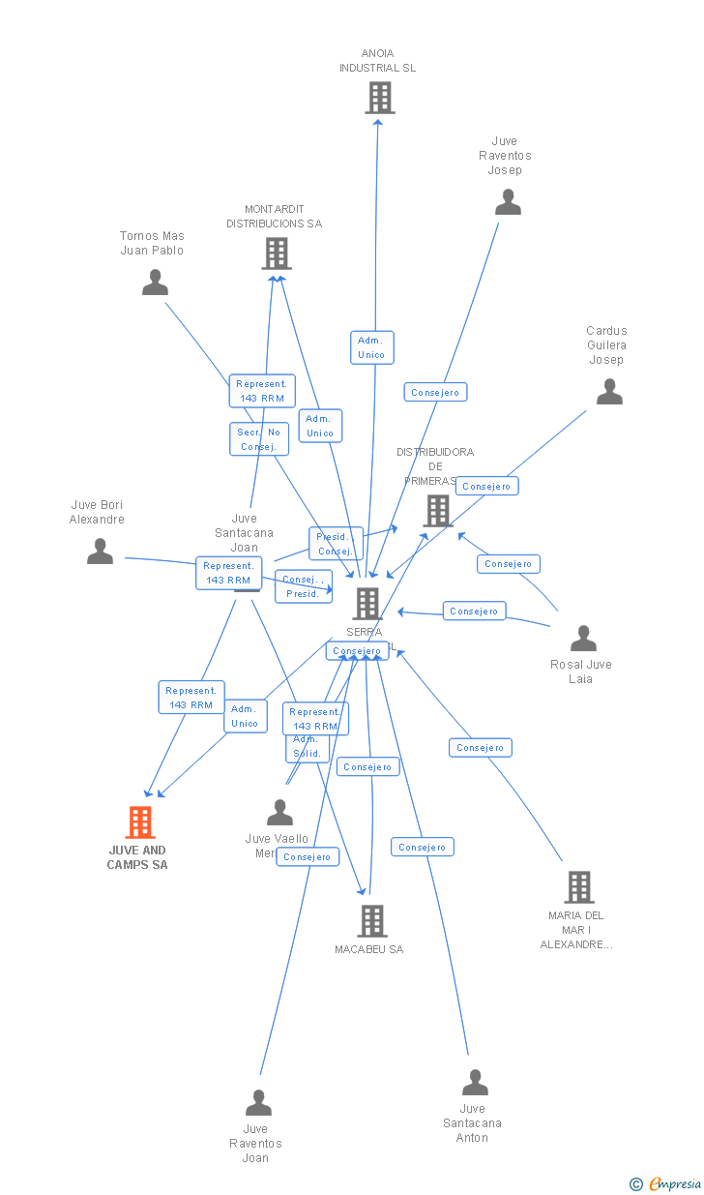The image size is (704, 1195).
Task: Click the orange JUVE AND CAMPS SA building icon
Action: tap(140, 822)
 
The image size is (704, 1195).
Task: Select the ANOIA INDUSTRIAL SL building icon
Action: tap(380, 98)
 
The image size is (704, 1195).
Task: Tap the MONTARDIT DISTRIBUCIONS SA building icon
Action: tap(277, 254)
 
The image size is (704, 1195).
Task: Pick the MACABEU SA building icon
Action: tap(372, 921)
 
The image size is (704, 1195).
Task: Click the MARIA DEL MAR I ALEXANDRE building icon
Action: tap(579, 887)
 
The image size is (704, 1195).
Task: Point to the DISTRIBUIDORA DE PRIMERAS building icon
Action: tap(438, 511)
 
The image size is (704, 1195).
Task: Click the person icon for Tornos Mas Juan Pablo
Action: tap(155, 283)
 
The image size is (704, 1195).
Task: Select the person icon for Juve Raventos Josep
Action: tap(508, 202)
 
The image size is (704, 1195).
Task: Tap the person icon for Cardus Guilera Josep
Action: tap(609, 392)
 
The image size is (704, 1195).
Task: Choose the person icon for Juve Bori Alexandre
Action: tap(100, 552)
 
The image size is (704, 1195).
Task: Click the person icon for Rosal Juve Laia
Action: tap(583, 639)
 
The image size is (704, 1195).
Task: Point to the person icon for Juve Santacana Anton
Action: tap(475, 1083)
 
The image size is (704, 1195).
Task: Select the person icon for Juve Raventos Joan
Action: tap(258, 1103)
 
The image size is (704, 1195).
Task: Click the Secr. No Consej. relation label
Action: tap(259, 439)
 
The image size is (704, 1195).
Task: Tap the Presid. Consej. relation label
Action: tap(336, 544)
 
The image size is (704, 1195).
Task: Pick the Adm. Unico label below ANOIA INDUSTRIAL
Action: tap(371, 347)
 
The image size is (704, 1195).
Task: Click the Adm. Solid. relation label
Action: tap(307, 746)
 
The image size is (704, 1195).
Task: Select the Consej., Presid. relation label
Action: tap(303, 586)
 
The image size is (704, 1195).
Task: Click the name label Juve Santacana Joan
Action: tap(244, 533)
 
